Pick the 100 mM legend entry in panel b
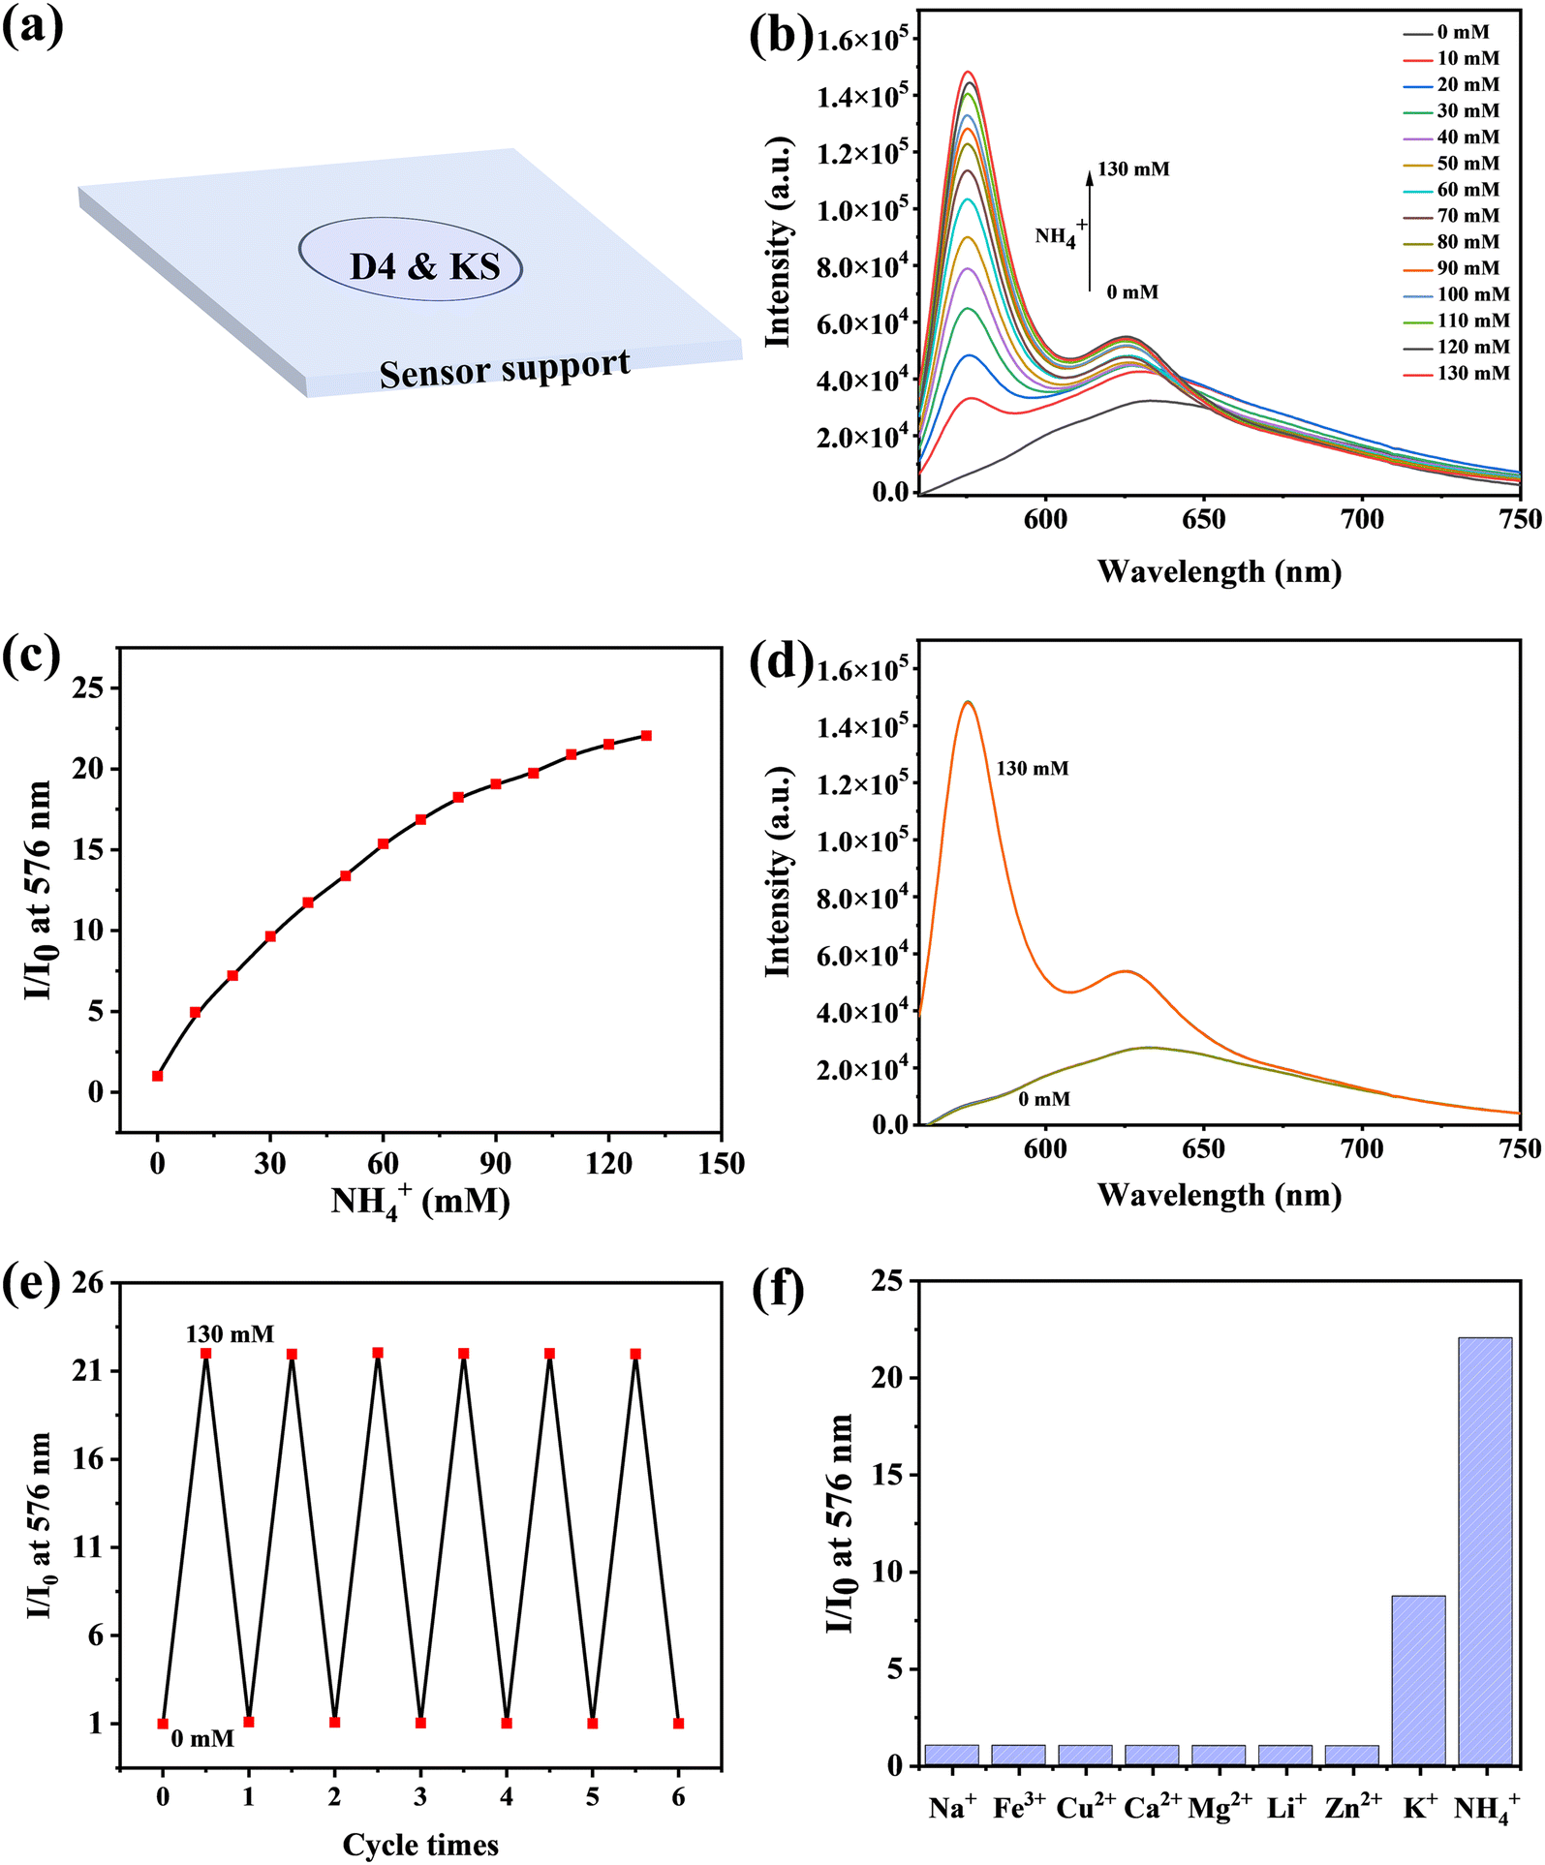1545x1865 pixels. [x=1456, y=294]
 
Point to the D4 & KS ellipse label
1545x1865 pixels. [x=424, y=266]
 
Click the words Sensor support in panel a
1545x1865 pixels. [x=505, y=369]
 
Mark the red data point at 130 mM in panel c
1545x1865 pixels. [x=646, y=736]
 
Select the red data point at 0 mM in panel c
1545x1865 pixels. [x=157, y=1076]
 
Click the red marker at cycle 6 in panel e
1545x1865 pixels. [x=678, y=1724]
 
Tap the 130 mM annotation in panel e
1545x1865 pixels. [x=230, y=1334]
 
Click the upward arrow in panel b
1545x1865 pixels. [x=1090, y=229]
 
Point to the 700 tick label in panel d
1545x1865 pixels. [x=1361, y=1149]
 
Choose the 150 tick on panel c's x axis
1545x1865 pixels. [x=721, y=1163]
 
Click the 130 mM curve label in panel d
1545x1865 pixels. [x=1033, y=769]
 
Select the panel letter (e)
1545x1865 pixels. [x=31, y=1289]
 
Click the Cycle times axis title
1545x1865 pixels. [x=420, y=1845]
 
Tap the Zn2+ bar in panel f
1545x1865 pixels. [x=1351, y=1755]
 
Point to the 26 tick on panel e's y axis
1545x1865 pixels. [x=87, y=1283]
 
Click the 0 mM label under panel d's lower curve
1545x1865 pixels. [x=1044, y=1099]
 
